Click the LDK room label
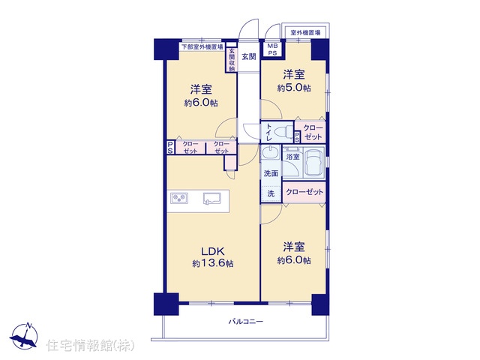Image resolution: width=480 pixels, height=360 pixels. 213,251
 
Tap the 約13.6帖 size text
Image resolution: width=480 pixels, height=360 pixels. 213,263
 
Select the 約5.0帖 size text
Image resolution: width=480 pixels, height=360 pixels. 294,88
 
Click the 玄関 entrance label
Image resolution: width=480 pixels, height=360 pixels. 249,57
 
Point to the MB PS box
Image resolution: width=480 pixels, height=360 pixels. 272,49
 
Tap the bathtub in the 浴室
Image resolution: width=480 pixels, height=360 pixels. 313,163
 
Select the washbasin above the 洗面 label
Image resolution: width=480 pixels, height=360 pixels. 270,152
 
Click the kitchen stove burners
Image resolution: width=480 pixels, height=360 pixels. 179,198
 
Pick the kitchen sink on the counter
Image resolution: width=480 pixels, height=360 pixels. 211,198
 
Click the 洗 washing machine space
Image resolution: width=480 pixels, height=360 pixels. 271,193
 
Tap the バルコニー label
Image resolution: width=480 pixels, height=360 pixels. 246,322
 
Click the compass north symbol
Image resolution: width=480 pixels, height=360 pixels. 24,336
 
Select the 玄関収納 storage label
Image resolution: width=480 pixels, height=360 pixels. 232,60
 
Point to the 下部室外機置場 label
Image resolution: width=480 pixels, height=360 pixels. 202,47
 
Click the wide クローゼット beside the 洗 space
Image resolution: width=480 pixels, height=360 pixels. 304,192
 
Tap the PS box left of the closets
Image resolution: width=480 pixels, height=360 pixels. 170,148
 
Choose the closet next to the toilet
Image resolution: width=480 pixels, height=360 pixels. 313,132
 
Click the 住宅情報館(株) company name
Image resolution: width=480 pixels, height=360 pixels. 90,345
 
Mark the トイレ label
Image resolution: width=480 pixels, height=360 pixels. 268,132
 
